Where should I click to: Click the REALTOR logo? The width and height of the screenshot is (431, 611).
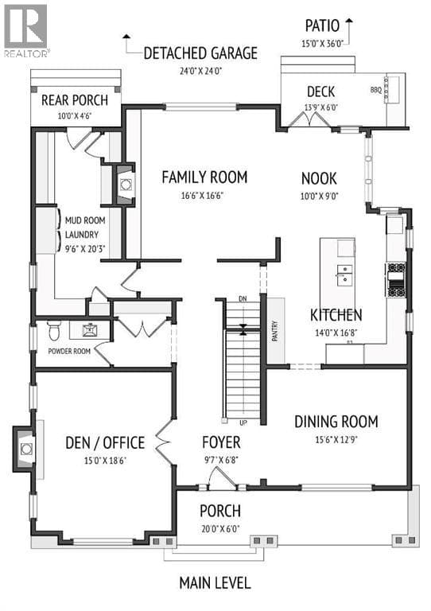(x=26, y=31)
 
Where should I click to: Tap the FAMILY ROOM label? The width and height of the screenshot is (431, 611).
(x=204, y=177)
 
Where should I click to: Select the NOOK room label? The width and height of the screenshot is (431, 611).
(x=319, y=178)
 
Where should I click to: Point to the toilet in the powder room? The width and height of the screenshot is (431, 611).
(x=53, y=330)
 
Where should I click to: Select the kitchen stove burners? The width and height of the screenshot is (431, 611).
(x=395, y=280)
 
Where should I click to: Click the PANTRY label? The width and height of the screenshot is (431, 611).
(x=275, y=331)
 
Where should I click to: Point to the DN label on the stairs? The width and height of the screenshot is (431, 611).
(x=243, y=299)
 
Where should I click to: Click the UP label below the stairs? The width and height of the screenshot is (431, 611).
(x=243, y=422)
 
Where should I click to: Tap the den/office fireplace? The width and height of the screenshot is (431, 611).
(x=25, y=449)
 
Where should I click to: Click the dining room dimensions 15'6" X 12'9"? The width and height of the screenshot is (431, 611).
(x=336, y=440)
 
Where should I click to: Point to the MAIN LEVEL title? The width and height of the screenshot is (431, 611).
(x=215, y=583)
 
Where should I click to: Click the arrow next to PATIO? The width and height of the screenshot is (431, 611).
(x=348, y=32)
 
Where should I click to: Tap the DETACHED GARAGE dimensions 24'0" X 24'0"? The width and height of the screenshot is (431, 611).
(x=200, y=72)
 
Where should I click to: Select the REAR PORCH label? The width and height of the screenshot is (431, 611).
(x=75, y=100)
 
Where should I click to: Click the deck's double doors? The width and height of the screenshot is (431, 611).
(x=309, y=119)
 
